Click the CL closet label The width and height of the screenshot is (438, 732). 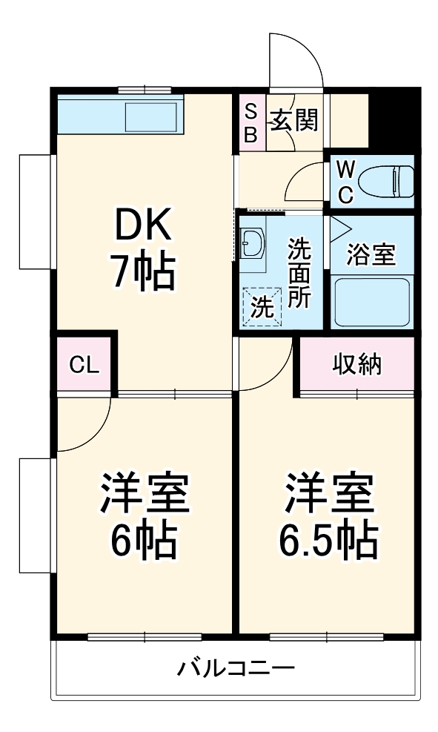(x=84, y=365)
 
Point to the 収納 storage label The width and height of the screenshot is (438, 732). (x=356, y=364)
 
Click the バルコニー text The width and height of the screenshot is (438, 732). (x=236, y=669)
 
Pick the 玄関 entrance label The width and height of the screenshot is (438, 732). (x=294, y=119)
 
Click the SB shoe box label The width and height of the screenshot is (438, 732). (x=250, y=124)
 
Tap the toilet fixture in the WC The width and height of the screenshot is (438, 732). (x=385, y=179)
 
